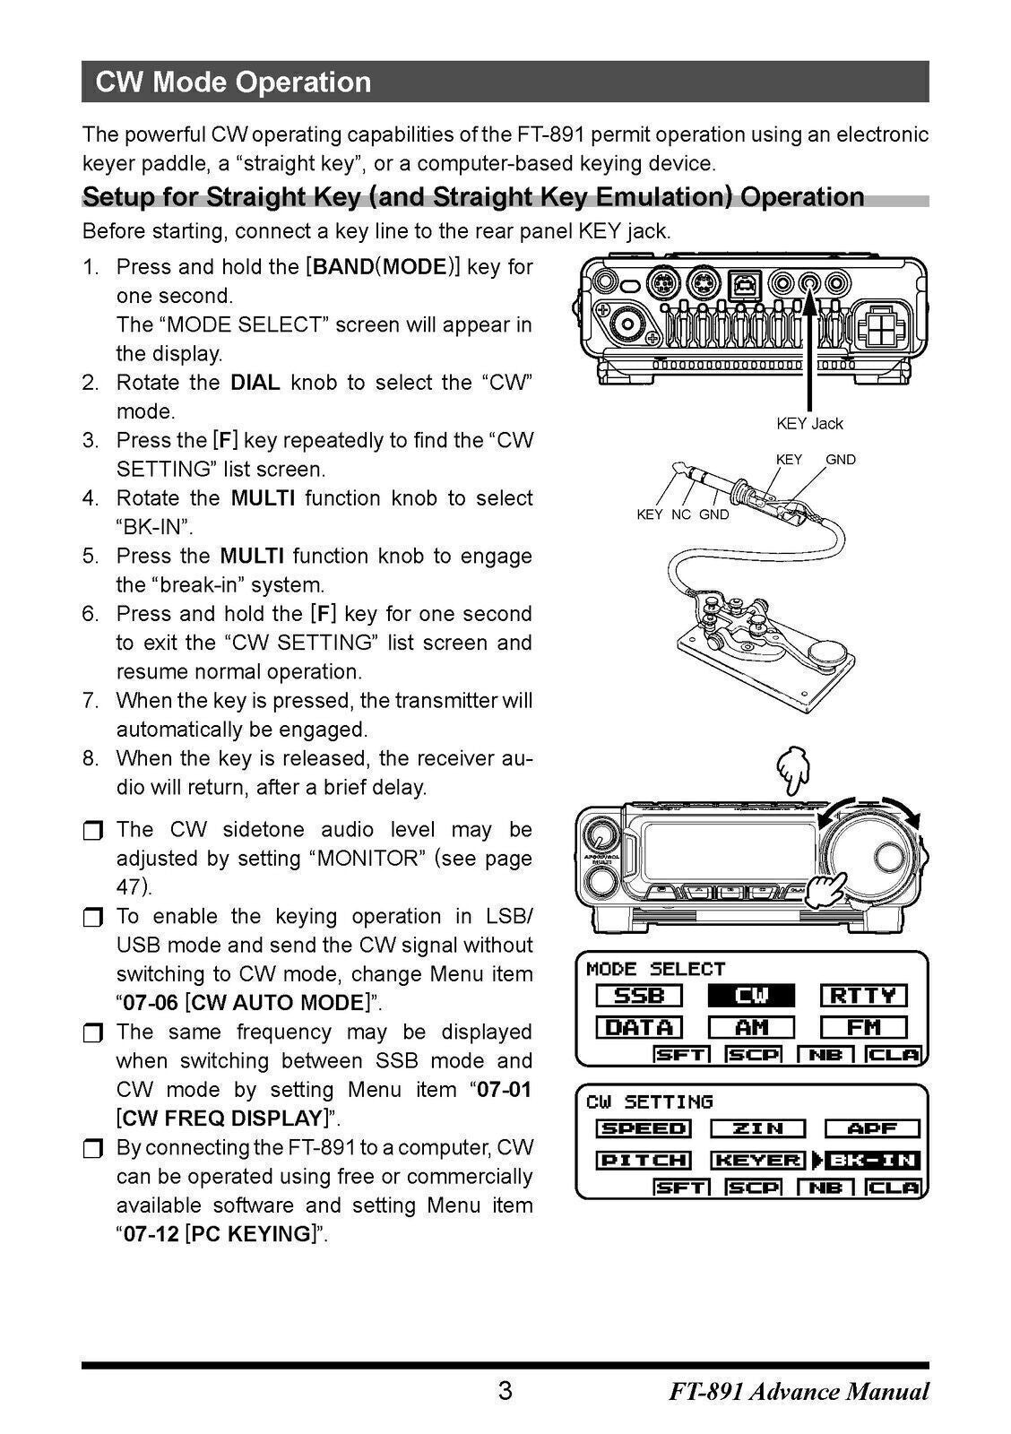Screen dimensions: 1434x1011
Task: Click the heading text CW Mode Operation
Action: tap(233, 82)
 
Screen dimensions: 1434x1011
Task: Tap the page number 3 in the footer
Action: tap(505, 1391)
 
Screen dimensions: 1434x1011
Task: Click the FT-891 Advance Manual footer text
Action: tap(798, 1392)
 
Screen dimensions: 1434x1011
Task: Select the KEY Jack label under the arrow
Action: tap(808, 423)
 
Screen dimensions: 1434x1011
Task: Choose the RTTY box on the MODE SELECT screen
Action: tap(863, 996)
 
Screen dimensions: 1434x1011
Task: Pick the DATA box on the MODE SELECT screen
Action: tap(639, 1027)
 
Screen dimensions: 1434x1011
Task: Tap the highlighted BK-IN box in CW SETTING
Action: tap(871, 1161)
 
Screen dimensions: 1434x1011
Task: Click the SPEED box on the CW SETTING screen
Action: tap(644, 1128)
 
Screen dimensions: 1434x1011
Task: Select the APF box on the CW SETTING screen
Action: tap(871, 1128)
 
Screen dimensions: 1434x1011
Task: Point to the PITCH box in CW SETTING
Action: tap(644, 1161)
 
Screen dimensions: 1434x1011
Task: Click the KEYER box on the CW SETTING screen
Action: tap(757, 1161)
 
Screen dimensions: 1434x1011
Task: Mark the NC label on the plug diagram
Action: tap(680, 514)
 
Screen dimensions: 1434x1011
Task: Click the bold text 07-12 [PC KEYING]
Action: tap(224, 1234)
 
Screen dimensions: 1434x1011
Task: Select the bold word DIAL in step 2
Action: tap(255, 383)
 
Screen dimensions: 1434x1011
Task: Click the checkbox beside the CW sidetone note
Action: tap(92, 831)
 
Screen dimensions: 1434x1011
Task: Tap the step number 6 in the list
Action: tap(90, 614)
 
